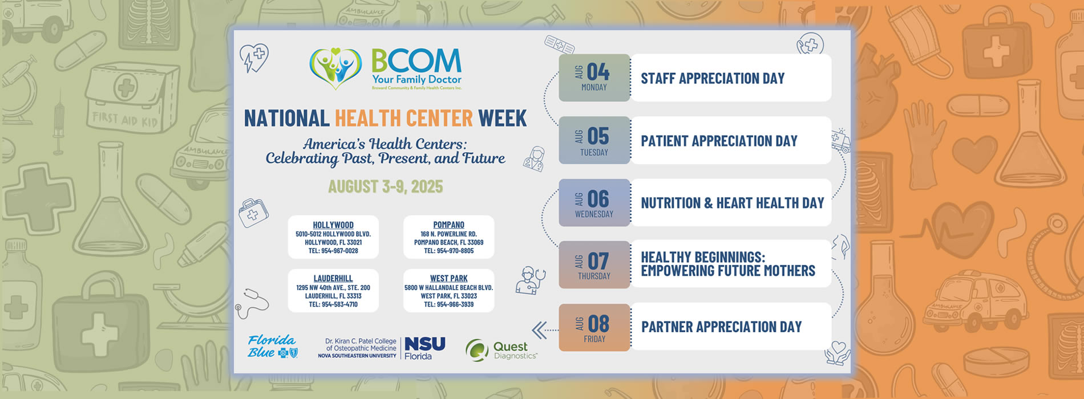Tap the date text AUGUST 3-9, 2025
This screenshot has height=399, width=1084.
(385, 187)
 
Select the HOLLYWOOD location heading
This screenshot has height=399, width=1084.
(333, 225)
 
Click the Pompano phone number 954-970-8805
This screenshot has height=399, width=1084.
(448, 251)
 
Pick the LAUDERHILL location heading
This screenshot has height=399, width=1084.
(333, 279)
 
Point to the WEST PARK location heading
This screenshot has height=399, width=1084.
(448, 279)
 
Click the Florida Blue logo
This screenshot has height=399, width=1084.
(272, 347)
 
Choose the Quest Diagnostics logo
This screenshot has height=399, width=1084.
(501, 350)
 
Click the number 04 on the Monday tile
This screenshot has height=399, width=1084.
(598, 72)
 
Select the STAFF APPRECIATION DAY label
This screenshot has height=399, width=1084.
(713, 79)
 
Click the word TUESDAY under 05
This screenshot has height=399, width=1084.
(594, 153)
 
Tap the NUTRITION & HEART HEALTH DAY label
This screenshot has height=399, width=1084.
(732, 203)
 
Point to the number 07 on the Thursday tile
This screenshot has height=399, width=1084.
(598, 262)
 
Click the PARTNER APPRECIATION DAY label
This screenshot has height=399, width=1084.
(721, 327)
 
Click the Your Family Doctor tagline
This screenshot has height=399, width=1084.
(416, 80)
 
